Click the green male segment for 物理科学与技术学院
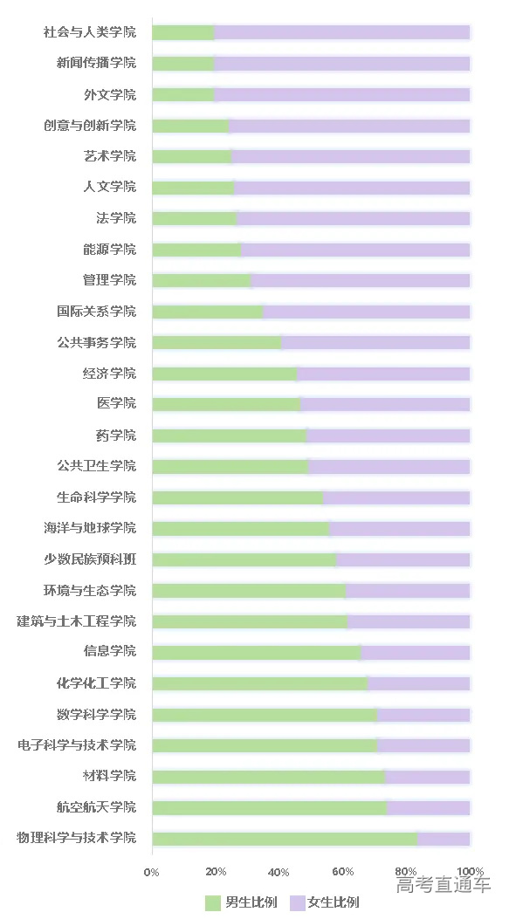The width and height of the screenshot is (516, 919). [285, 839]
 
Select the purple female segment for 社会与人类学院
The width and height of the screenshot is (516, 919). [342, 32]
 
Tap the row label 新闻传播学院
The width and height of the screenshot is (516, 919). [96, 63]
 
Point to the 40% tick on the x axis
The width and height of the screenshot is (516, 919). [279, 872]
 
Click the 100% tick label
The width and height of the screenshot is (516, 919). [471, 872]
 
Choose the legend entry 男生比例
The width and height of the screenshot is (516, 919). [242, 902]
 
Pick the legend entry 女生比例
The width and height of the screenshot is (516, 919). [325, 902]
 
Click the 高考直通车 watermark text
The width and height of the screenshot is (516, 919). [443, 885]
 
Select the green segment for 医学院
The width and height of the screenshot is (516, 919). [226, 404]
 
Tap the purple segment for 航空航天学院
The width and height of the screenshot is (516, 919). [429, 807]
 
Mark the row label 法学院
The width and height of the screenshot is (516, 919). [116, 218]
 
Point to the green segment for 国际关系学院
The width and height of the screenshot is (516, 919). [208, 312]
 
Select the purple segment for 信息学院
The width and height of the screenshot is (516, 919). [416, 653]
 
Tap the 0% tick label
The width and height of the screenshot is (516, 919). [152, 872]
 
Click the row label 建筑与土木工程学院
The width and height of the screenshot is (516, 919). [77, 621]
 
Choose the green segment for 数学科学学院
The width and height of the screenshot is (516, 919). [265, 715]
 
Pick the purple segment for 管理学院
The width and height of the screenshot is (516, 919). [361, 280]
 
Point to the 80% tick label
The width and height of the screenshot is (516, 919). [406, 872]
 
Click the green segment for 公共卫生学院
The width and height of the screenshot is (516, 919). [230, 466]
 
